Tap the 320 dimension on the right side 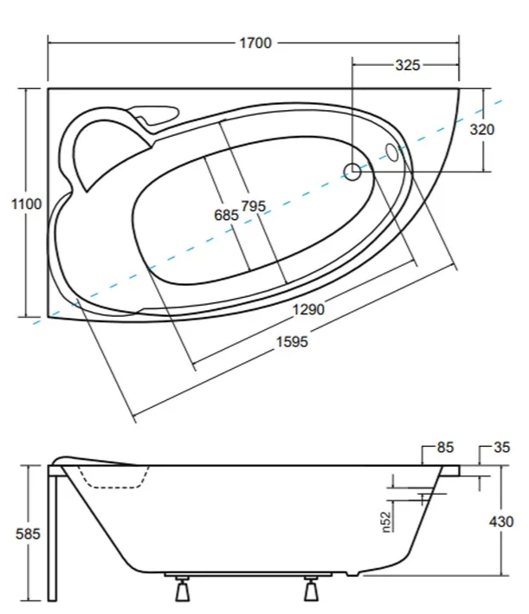[x=481, y=130]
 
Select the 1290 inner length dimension [x=308, y=309]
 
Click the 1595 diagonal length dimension [x=292, y=342]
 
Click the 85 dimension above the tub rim [x=444, y=448]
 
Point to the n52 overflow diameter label [x=387, y=520]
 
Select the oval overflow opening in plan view [x=391, y=153]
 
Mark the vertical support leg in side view [x=55, y=537]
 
